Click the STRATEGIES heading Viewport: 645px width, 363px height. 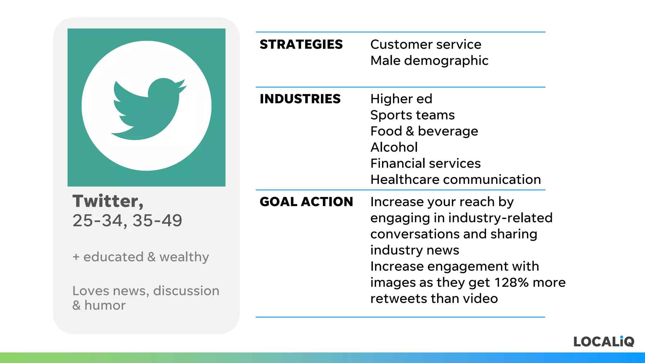pos(301,44)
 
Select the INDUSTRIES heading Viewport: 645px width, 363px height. pos(300,99)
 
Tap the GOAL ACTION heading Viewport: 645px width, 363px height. pos(306,202)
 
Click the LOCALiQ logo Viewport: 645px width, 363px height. pos(603,342)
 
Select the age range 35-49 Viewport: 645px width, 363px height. pos(157,220)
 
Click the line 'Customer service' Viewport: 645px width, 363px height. pos(425,44)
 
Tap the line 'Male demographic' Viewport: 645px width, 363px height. pos(429,60)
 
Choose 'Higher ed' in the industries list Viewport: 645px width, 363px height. pos(401,99)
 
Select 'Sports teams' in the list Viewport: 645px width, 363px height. pos(412,115)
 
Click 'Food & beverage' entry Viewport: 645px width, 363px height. pos(424,131)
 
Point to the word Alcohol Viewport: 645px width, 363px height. pos(394,147)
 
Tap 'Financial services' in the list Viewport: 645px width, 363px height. pos(425,163)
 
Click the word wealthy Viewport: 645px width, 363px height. pos(184,257)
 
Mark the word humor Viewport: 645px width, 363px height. pos(105,305)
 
